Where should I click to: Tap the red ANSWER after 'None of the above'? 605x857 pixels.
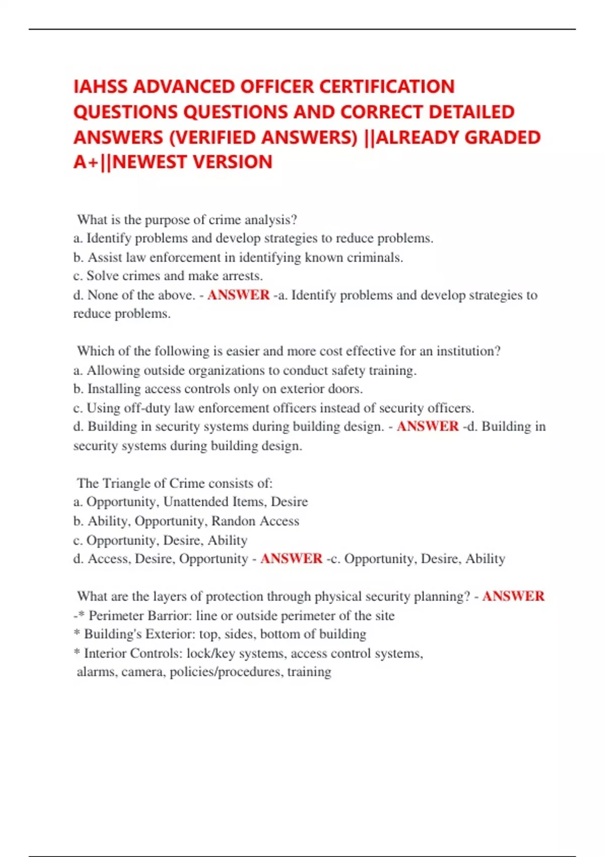(238, 295)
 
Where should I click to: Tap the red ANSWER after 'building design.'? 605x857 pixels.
(428, 426)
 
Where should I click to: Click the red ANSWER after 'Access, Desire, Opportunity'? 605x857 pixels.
(291, 559)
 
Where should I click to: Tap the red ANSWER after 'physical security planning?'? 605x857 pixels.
(513, 596)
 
